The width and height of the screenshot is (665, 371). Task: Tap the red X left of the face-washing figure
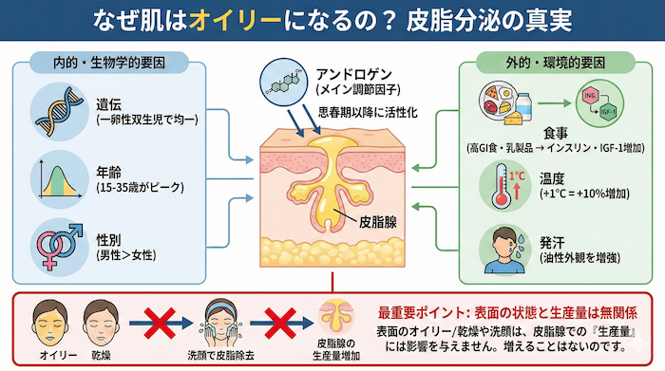156,319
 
